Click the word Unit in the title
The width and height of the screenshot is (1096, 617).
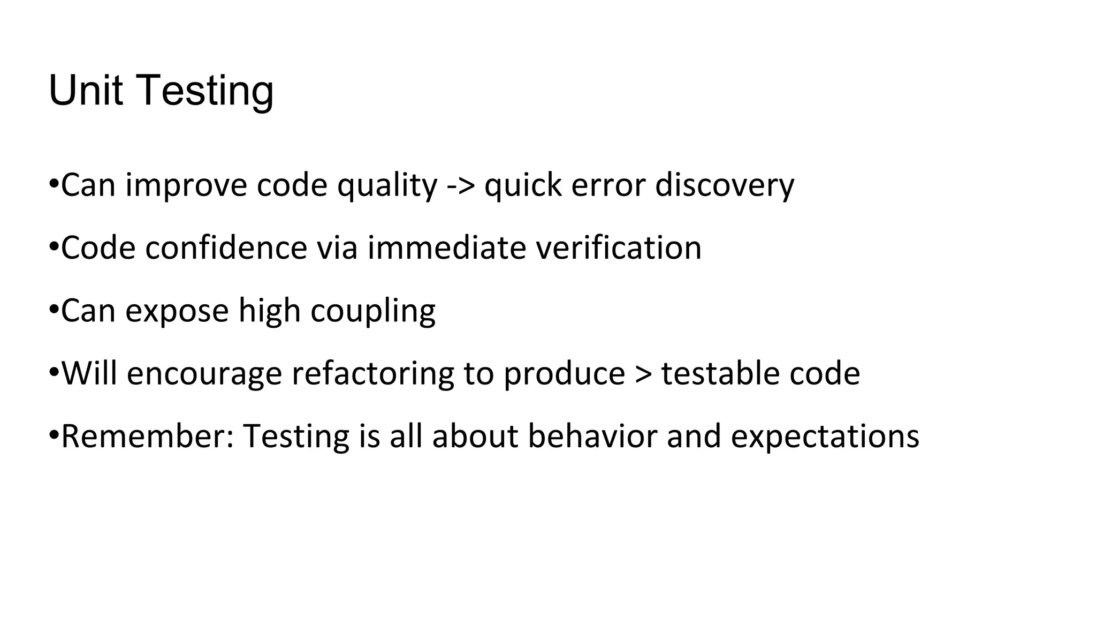[86, 91]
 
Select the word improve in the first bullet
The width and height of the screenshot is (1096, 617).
[186, 185]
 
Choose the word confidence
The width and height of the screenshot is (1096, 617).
[226, 247]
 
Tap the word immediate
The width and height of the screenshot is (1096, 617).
[447, 247]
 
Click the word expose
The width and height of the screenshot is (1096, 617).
[177, 311]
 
